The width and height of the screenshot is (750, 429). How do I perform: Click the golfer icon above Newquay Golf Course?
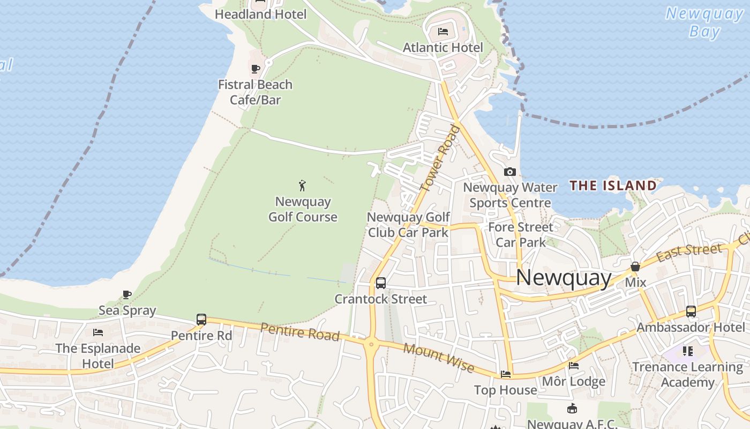click(x=302, y=186)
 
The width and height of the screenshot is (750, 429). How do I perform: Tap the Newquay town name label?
click(x=564, y=277)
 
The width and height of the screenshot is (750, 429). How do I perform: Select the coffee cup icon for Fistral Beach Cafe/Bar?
click(x=256, y=69)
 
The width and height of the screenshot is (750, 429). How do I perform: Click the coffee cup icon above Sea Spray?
click(x=127, y=294)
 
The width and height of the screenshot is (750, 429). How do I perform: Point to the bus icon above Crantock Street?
click(x=380, y=283)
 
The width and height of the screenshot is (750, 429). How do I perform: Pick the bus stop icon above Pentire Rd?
click(x=201, y=320)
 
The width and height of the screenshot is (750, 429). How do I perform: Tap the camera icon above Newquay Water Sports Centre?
click(x=510, y=172)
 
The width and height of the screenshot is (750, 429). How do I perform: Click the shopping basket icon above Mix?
click(x=635, y=267)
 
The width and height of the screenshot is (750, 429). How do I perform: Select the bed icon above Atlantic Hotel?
click(x=443, y=31)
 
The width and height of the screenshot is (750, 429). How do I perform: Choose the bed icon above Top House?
click(x=505, y=374)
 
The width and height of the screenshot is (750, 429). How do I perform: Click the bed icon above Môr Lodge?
click(x=574, y=366)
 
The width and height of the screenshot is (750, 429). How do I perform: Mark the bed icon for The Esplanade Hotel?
click(x=97, y=332)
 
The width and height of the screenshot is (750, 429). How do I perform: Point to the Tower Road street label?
click(x=440, y=158)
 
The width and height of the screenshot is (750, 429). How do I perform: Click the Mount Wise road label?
click(x=439, y=358)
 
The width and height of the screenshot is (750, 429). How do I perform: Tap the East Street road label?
click(x=689, y=252)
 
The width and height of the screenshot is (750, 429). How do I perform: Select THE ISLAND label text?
click(x=613, y=186)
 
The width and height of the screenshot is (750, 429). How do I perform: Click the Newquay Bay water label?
click(x=704, y=23)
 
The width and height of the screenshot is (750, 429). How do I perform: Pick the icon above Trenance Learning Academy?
click(x=688, y=351)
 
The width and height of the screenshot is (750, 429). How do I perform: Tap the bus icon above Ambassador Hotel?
click(x=691, y=311)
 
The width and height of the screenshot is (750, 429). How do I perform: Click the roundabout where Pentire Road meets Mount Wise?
click(x=371, y=343)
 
